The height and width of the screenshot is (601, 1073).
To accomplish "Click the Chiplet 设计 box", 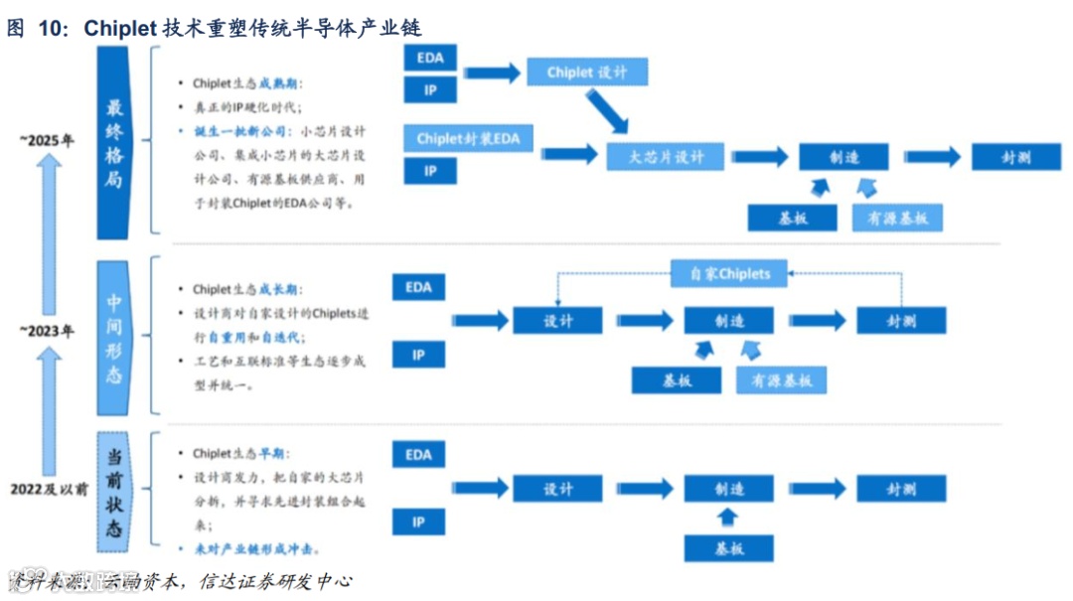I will pyautogui.click(x=584, y=73).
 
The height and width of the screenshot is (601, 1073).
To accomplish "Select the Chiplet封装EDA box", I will pyautogui.click(x=467, y=138).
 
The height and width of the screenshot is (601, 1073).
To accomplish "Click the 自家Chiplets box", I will pyautogui.click(x=729, y=272).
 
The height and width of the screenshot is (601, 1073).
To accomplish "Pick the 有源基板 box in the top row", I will pyautogui.click(x=897, y=218).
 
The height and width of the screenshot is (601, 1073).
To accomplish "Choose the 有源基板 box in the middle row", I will pyautogui.click(x=781, y=379).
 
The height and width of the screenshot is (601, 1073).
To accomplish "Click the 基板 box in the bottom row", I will pyautogui.click(x=728, y=547).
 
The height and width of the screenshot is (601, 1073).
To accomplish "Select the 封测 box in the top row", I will pyautogui.click(x=1016, y=157).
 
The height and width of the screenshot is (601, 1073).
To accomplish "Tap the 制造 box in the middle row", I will pyautogui.click(x=728, y=320).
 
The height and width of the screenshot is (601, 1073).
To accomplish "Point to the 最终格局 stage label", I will pyautogui.click(x=115, y=143).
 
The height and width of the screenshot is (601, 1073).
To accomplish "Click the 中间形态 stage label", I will pyautogui.click(x=115, y=338).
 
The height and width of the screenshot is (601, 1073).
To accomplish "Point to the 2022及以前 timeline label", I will pyautogui.click(x=49, y=489).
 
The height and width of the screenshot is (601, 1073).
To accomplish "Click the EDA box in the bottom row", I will pyautogui.click(x=418, y=455).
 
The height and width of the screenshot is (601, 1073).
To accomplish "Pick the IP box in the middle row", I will pyautogui.click(x=418, y=355).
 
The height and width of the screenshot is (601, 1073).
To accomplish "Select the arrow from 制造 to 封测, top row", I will pyautogui.click(x=932, y=156).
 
